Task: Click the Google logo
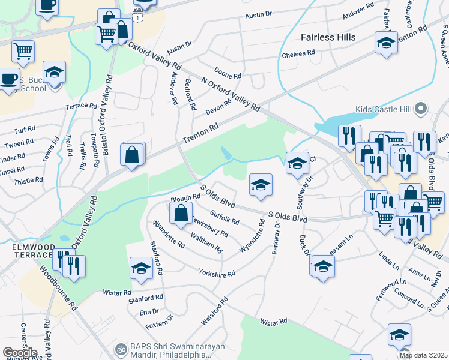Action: click(x=20, y=352)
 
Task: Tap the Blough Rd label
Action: click(x=185, y=197)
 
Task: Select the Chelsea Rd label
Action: click(x=298, y=54)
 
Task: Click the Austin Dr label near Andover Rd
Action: click(x=179, y=45)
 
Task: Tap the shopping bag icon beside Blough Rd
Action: click(x=181, y=213)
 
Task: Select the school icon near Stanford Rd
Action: click(x=141, y=268)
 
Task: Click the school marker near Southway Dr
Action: click(x=297, y=163)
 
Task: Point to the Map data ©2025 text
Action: click(x=423, y=355)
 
